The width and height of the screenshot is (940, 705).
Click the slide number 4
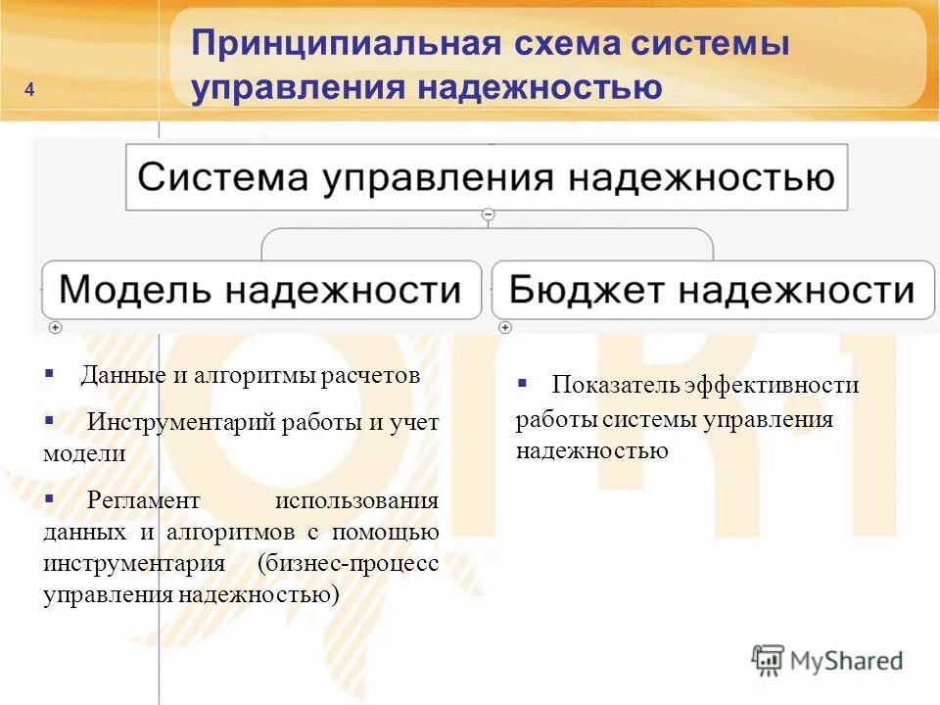[29, 91]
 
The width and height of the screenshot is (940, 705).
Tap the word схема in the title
[567, 44]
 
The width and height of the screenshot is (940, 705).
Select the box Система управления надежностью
[487, 177]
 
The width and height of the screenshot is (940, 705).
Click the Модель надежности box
[260, 290]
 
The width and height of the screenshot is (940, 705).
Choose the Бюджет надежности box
[712, 290]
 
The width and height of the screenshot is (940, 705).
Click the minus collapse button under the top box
[488, 214]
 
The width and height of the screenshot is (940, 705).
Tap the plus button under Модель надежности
[55, 327]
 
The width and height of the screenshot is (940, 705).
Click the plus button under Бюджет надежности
[504, 327]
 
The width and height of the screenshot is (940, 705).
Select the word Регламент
[143, 500]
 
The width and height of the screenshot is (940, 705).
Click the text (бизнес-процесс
[348, 564]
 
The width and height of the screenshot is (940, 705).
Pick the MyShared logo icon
[769, 660]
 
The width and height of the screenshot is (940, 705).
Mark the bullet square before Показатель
[522, 382]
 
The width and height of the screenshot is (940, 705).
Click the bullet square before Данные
[49, 373]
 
